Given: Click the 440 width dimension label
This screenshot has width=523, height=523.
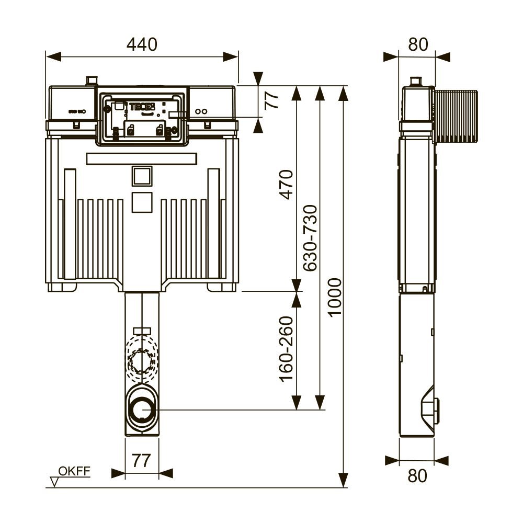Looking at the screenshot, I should tap(142, 45).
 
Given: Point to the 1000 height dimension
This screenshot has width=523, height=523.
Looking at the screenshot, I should tap(335, 297).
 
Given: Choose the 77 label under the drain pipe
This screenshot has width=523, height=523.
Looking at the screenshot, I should tap(141, 461).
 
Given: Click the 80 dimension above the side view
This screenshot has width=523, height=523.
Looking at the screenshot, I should tap(418, 45).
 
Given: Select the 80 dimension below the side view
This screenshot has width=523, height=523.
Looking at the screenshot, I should tap(417, 476).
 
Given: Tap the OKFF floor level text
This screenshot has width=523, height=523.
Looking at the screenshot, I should tap(74, 471).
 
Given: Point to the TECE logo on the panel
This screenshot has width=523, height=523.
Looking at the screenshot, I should tap(142, 106).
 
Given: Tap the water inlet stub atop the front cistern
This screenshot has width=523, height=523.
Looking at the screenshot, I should tap(92, 81).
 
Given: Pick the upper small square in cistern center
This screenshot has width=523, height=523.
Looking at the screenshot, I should tap(141, 176).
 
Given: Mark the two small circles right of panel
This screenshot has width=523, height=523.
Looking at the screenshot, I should tap(201, 111).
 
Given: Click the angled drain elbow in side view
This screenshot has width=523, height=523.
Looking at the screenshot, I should tap(430, 405).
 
